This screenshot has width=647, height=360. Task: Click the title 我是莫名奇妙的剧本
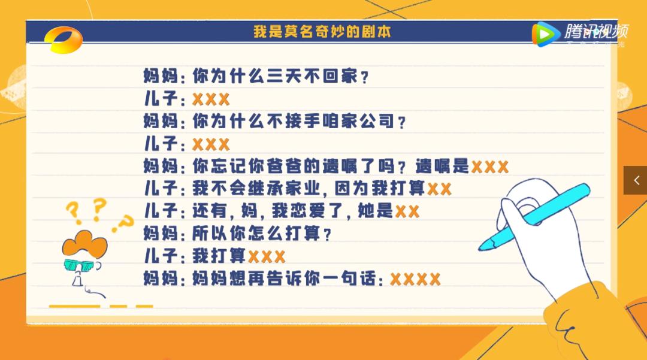[322, 32]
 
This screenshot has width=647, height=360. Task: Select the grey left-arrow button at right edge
[636, 180]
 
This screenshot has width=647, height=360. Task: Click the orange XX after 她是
[407, 211]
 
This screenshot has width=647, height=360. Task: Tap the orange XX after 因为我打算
[439, 189]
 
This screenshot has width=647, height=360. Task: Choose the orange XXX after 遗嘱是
[489, 167]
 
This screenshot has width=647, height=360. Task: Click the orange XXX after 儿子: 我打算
[267, 257]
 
